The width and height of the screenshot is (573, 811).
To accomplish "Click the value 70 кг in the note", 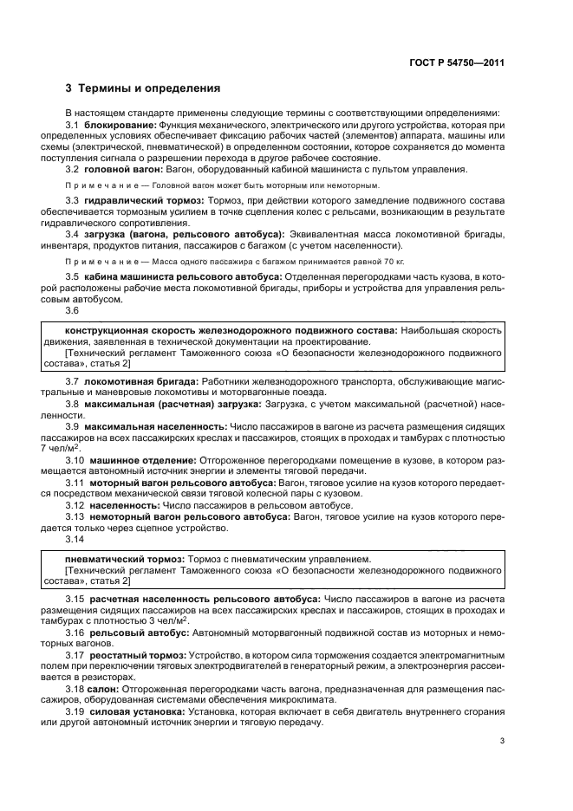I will [394, 260].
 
